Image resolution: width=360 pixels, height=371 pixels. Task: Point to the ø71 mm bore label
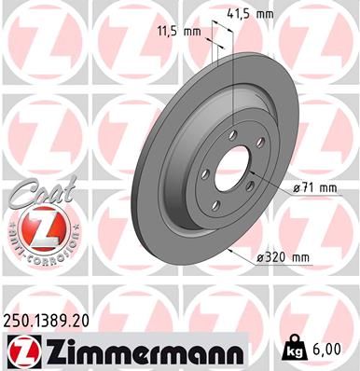tap(314, 187)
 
